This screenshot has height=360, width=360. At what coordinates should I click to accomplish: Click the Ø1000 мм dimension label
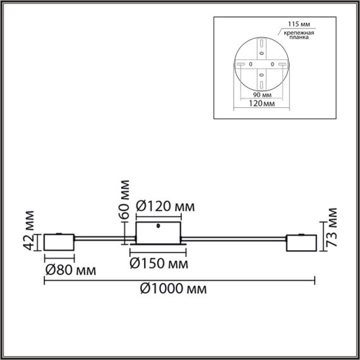172,289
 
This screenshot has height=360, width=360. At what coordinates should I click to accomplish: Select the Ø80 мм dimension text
70,271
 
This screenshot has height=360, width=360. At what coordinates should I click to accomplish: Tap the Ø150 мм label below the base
159,262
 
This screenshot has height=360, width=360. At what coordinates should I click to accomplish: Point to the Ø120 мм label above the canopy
165,207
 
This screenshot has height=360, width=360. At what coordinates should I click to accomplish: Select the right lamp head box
301,243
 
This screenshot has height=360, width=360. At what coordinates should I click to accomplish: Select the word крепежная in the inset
296,32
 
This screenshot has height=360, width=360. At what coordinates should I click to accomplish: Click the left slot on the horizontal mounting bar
240,64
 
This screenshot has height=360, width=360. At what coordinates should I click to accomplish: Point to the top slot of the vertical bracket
261,44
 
